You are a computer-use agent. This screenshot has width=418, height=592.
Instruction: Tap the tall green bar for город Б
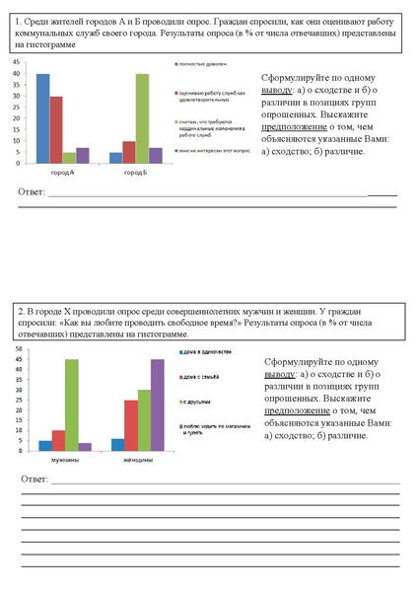(x=143, y=117)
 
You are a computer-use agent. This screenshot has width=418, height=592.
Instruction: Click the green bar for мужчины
(x=72, y=406)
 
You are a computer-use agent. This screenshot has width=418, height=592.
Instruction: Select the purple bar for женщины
(x=157, y=406)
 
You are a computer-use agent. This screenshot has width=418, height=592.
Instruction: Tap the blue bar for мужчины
(x=45, y=446)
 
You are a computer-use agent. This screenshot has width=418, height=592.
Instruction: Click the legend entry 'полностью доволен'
(x=208, y=63)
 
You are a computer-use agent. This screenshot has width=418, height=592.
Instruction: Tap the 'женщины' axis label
(x=138, y=461)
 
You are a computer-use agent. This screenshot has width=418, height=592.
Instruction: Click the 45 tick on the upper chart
(x=17, y=61)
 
